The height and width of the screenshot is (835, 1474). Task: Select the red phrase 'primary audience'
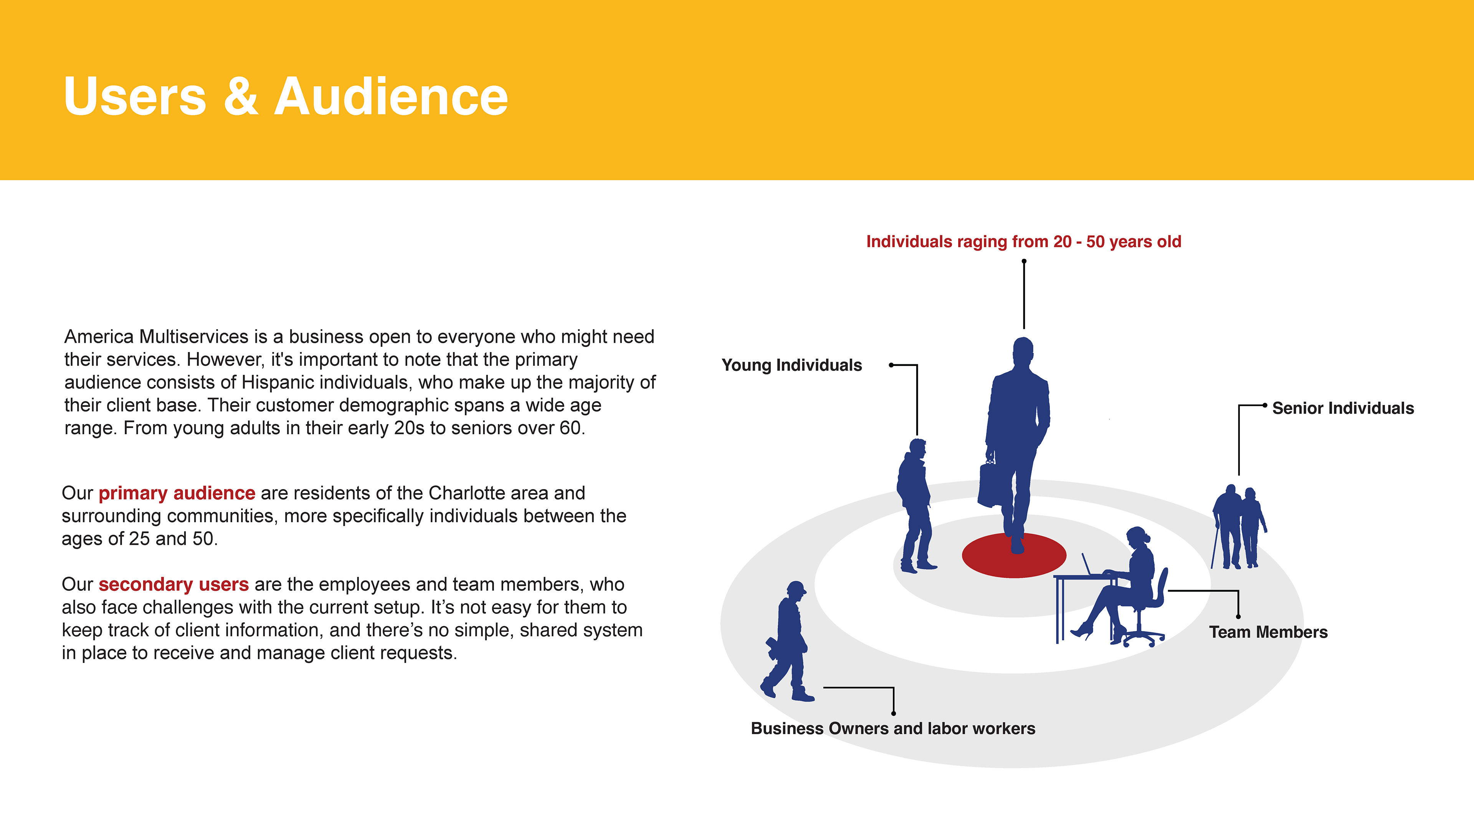[177, 493]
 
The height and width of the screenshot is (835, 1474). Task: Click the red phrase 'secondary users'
[173, 584]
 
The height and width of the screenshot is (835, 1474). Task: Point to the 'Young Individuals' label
[791, 365]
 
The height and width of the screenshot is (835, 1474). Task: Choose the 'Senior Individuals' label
[1343, 408]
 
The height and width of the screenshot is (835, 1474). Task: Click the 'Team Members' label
[1268, 632]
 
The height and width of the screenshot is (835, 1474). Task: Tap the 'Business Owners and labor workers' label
[893, 728]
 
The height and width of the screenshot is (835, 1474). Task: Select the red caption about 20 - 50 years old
[1023, 241]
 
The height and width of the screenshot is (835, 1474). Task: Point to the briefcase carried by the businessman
[990, 484]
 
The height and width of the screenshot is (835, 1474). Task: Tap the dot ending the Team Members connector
[1238, 617]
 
